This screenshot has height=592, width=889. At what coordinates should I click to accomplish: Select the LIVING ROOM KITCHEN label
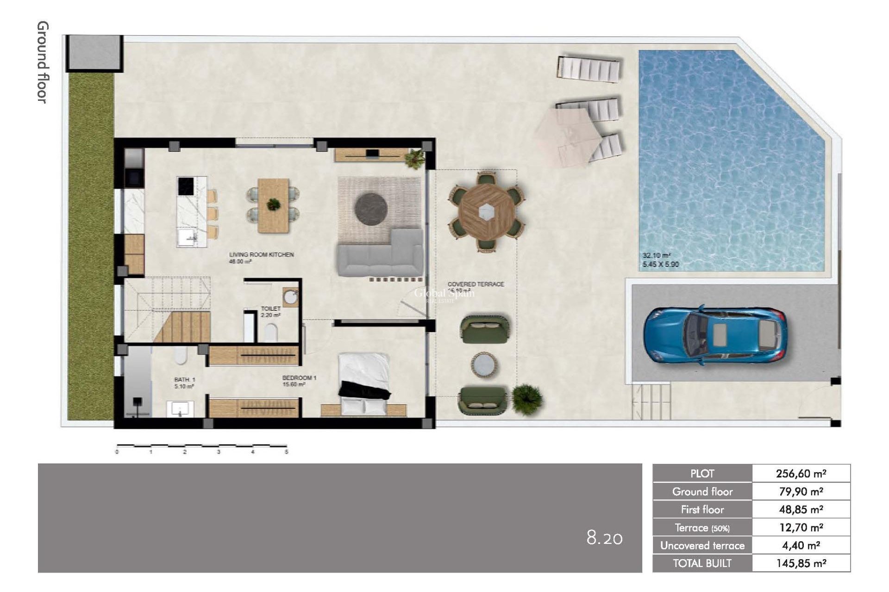pos(262,255)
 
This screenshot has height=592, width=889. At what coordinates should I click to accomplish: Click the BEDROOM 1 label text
pos(299,378)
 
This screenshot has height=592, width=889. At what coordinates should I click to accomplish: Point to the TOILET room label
pos(270,308)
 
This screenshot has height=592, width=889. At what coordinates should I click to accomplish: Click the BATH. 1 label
pos(184,379)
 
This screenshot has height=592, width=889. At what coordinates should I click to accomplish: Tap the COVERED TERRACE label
pos(476,284)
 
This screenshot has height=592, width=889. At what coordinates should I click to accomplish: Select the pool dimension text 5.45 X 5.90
pos(660,265)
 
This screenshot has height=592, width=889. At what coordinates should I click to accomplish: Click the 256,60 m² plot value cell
pos(801,474)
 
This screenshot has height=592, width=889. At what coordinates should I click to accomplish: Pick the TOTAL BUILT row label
pos(702,563)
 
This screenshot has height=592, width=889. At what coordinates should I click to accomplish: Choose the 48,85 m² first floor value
pos(801,510)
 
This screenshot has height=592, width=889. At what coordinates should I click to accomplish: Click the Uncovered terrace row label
pos(702,546)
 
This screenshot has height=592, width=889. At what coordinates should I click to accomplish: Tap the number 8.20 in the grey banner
pos(604,538)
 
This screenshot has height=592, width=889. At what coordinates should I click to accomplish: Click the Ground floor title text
pos(43,62)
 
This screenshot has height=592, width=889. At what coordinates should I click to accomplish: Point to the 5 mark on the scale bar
pos(286,452)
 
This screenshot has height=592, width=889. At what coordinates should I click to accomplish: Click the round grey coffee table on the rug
pos(370,208)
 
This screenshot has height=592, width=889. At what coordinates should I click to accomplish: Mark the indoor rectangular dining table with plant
pos(273,205)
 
